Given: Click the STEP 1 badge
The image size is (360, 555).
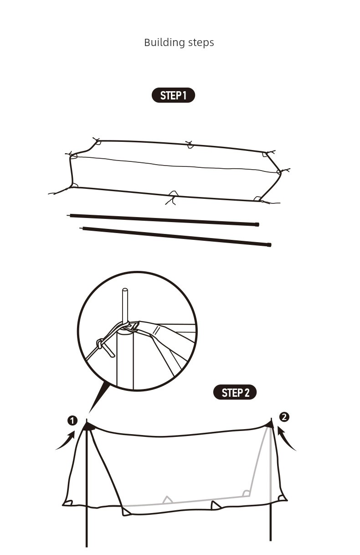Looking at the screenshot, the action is (173, 95).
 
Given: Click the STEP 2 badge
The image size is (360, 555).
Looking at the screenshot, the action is (235, 392).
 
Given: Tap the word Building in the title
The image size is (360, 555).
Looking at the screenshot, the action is (165, 42).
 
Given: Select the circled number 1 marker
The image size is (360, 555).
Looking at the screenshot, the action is (72, 421).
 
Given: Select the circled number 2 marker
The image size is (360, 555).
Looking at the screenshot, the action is (284, 417).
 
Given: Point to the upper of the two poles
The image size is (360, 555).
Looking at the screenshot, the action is (163, 219).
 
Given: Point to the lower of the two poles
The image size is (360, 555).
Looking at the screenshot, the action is (175, 236).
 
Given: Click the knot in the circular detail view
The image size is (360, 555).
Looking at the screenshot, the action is (99, 344).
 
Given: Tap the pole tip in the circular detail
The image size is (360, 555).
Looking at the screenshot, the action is (125, 290).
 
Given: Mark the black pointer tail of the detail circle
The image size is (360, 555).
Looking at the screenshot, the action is (98, 396).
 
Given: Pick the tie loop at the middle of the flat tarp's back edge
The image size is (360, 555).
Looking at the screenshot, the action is (190, 145).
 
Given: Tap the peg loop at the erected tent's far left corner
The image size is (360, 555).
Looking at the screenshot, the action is (67, 503).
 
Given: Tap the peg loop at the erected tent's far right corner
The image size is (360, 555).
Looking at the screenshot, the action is (283, 498).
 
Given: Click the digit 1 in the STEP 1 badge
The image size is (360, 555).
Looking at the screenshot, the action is (184, 95).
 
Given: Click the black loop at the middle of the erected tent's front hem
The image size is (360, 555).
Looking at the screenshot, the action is (216, 505).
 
